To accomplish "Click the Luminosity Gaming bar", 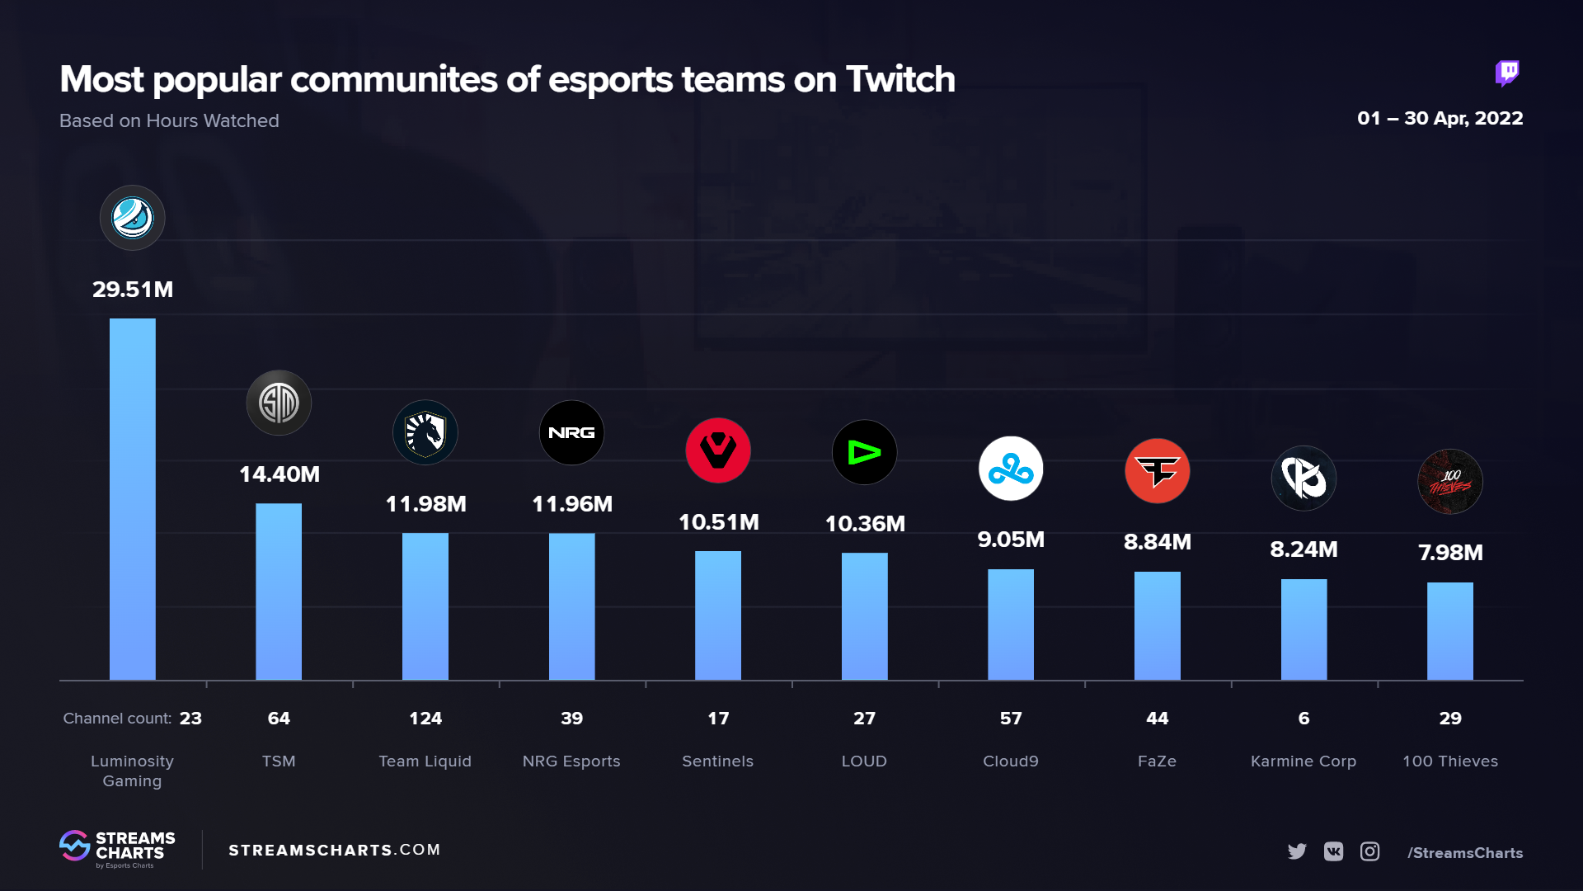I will tap(132, 499).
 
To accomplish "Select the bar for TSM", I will tap(279, 592).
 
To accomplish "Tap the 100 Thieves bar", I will tap(1449, 631).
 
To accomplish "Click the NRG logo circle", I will tap(571, 432).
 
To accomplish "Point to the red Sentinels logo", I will tap(717, 450).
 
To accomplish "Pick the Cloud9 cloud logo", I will tap(1010, 469).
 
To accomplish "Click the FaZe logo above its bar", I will tap(1157, 471).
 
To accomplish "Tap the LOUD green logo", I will tap(864, 452).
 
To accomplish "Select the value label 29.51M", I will tap(132, 290).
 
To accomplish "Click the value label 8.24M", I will tap(1304, 549).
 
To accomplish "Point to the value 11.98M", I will tap(425, 504).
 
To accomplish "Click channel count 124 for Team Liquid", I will tap(425, 719).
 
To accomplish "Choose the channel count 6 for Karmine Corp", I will tap(1304, 719).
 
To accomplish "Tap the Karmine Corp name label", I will tap(1303, 761).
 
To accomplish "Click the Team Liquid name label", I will tap(425, 761).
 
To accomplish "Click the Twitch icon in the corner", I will tap(1507, 73).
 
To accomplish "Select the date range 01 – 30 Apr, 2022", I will tap(1440, 118).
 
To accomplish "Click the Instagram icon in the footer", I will tap(1369, 851).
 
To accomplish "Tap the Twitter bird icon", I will tap(1297, 851).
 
